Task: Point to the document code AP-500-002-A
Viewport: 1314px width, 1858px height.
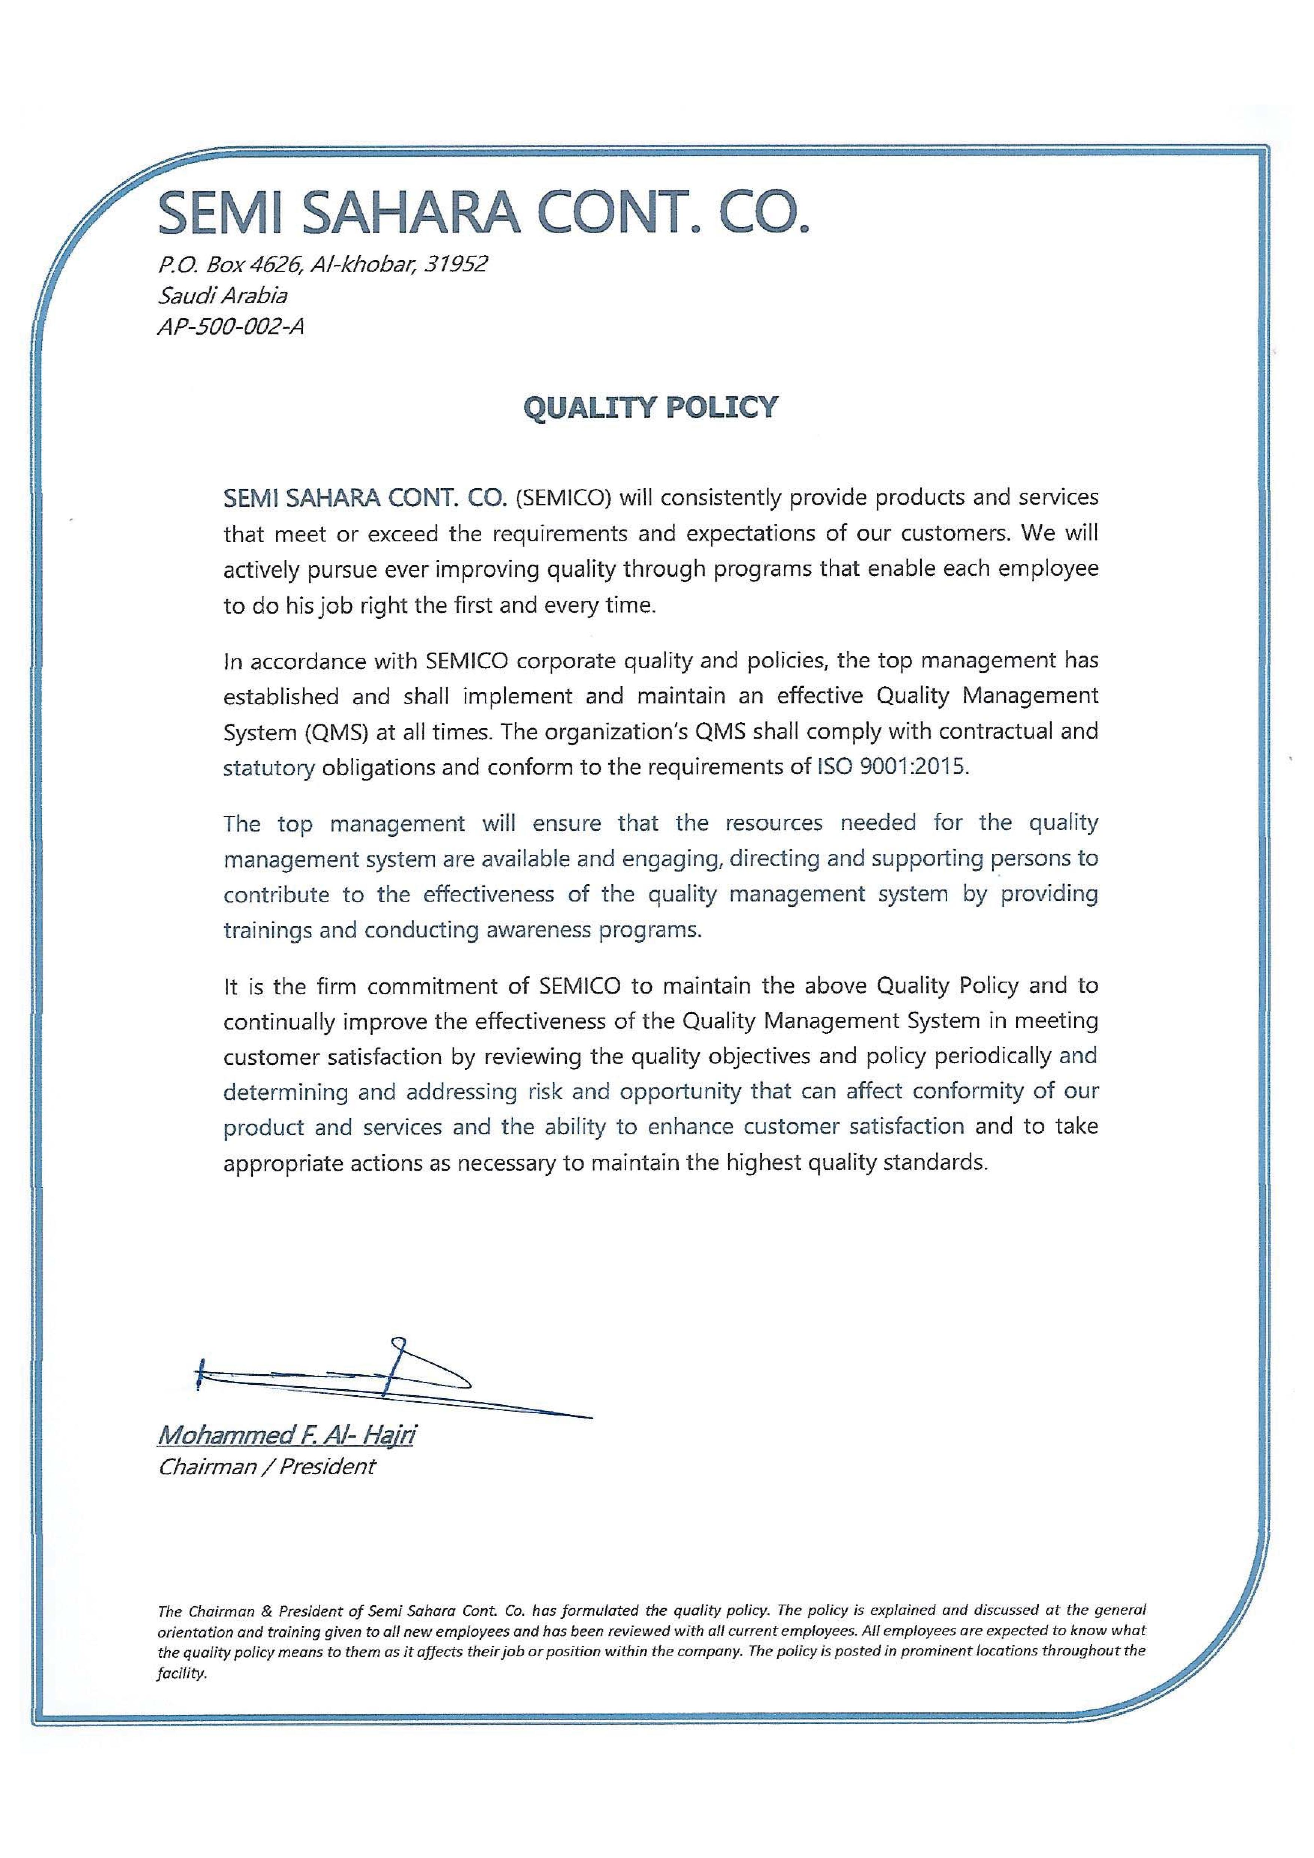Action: (x=231, y=327)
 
